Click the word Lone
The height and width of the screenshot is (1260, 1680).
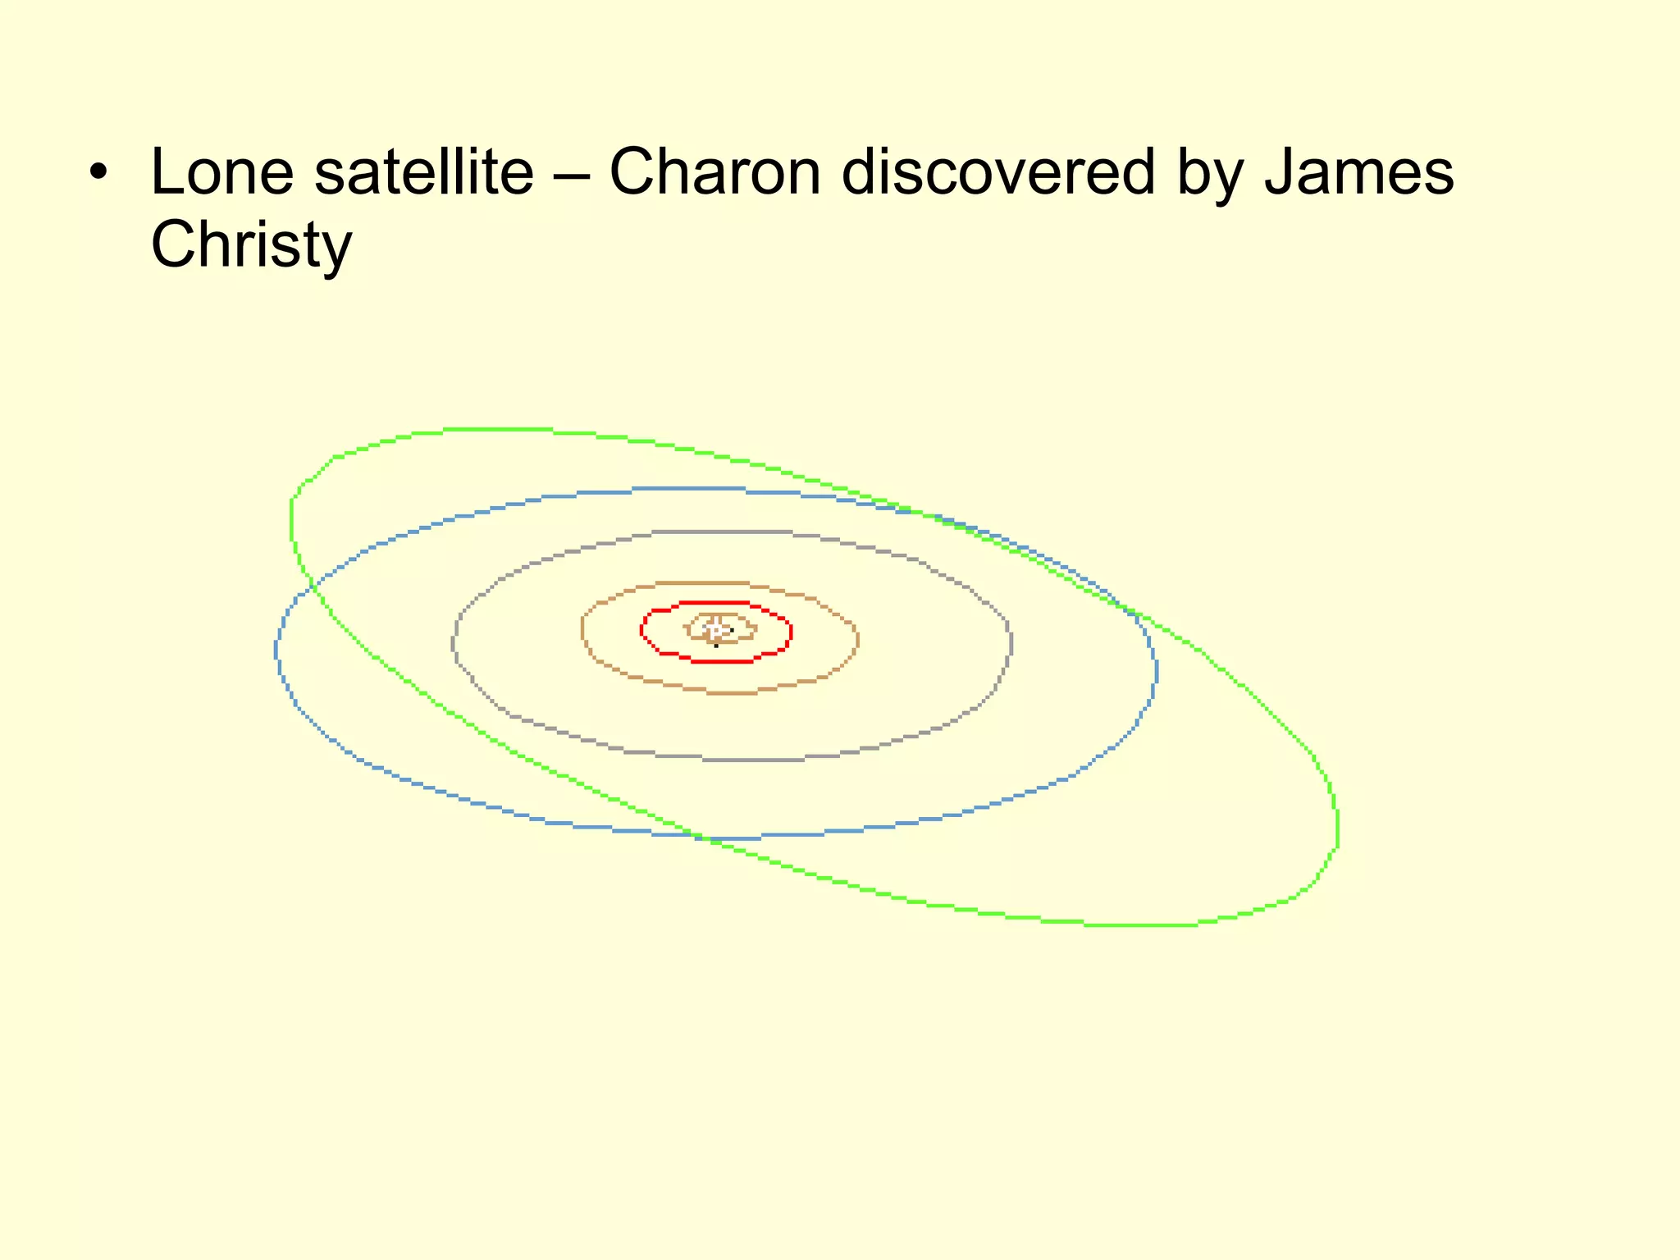click(x=222, y=172)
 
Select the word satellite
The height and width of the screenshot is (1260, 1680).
click(x=424, y=172)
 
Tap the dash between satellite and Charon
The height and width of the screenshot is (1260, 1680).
click(x=571, y=174)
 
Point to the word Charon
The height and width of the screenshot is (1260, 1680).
click(x=714, y=172)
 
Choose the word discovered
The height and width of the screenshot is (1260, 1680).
click(x=998, y=172)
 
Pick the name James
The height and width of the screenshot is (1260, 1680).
click(x=1359, y=172)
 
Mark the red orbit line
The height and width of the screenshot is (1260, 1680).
click(x=790, y=632)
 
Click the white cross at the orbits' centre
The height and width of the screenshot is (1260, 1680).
click(x=715, y=631)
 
